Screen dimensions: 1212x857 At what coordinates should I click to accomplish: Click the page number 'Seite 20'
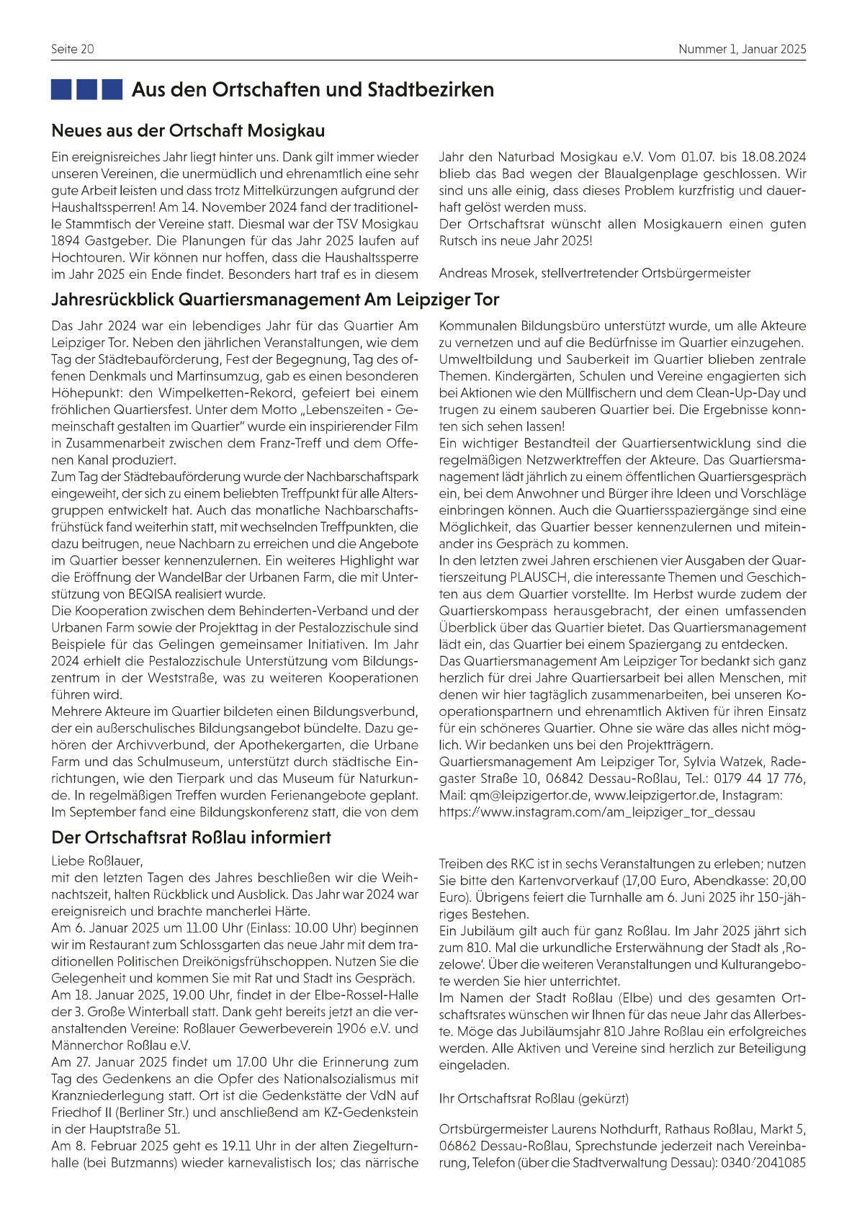73,49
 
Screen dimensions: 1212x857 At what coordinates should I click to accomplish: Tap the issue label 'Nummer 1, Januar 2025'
742,49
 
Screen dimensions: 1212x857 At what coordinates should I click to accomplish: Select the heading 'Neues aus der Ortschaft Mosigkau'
188,131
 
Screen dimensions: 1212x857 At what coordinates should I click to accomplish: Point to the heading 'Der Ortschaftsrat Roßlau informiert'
191,838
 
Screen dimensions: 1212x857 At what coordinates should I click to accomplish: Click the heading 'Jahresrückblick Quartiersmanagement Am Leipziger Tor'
275,300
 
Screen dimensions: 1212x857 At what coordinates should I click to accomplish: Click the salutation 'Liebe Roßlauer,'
97,861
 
